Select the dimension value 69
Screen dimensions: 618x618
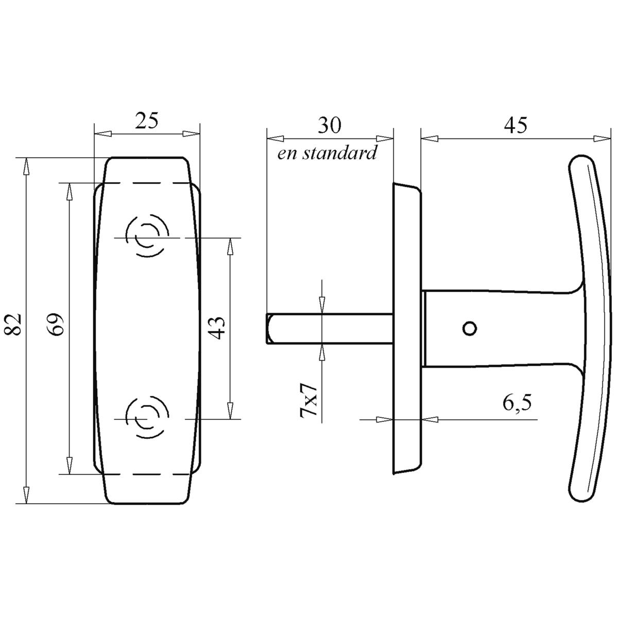(57, 324)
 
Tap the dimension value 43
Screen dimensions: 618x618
(217, 328)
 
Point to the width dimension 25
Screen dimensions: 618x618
(147, 121)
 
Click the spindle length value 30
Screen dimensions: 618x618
(330, 125)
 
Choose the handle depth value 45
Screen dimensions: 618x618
(516, 125)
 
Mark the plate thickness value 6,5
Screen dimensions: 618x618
(517, 403)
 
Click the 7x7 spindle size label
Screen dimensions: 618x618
(308, 400)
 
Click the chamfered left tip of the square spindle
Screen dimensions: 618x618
(269, 329)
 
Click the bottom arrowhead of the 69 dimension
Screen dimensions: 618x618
(69, 466)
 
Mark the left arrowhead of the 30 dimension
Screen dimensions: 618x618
(275, 139)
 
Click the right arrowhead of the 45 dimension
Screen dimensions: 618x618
(602, 139)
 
